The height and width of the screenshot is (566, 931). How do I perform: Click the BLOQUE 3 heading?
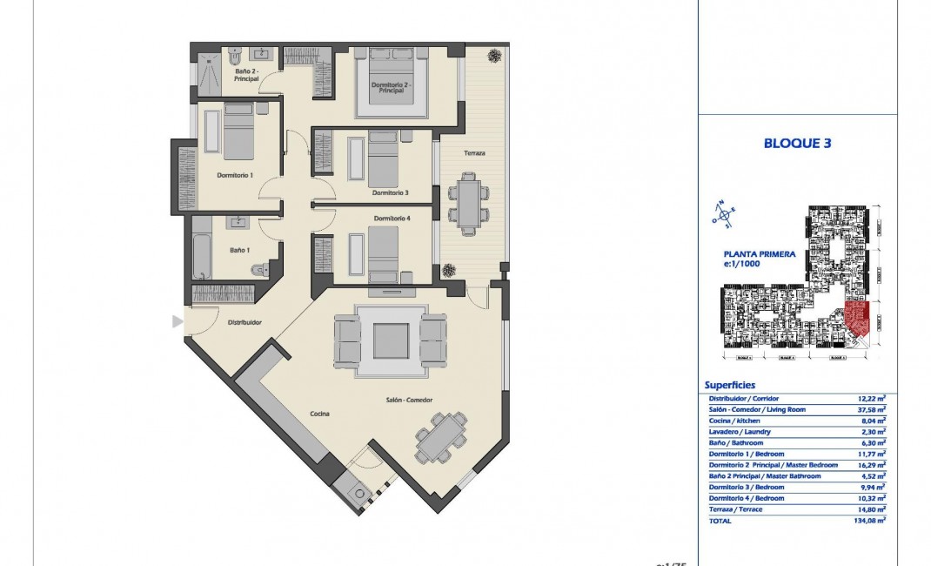(797, 144)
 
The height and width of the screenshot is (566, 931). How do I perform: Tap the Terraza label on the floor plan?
(474, 153)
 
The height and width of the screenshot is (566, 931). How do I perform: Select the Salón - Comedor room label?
(410, 400)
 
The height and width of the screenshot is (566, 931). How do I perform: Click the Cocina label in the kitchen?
(319, 414)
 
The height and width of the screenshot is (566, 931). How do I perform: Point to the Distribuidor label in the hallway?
(244, 322)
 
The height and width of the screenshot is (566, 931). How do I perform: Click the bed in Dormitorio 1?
(238, 132)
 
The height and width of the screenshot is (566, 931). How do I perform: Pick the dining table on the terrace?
(468, 204)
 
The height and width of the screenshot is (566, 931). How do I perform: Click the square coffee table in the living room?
(391, 340)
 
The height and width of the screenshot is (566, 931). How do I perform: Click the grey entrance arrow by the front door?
(177, 322)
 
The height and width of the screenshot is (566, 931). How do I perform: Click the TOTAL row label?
(720, 521)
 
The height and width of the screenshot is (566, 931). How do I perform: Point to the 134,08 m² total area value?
(869, 521)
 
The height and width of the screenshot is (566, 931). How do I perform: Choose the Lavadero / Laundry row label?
(740, 432)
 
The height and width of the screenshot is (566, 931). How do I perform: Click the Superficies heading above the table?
(730, 385)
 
